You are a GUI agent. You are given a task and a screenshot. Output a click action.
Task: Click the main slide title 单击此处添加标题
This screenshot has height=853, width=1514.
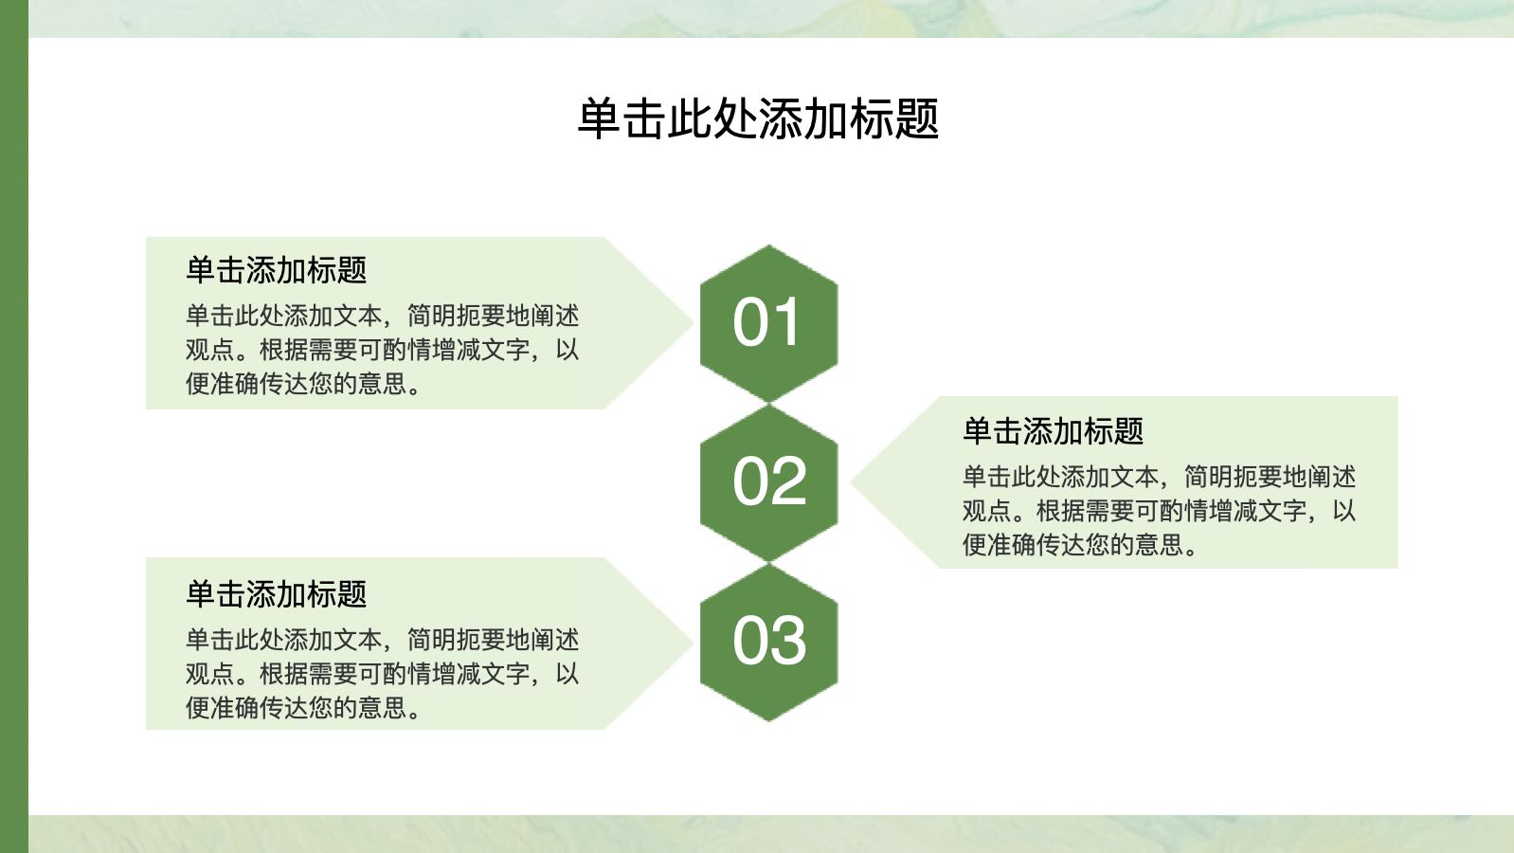[x=758, y=119]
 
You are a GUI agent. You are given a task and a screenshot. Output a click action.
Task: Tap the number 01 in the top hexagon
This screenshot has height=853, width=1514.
[x=767, y=322]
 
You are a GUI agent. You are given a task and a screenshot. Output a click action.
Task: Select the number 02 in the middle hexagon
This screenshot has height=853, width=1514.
[x=769, y=481]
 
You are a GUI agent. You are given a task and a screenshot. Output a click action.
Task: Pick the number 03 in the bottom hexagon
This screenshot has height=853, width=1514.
[x=769, y=640]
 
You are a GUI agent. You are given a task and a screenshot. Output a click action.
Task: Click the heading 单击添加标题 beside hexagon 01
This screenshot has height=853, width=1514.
[x=277, y=270]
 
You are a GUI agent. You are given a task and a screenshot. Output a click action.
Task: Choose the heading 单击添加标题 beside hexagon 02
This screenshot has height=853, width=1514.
[x=1053, y=431]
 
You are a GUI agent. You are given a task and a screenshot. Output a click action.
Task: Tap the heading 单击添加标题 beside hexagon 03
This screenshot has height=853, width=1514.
[x=277, y=593]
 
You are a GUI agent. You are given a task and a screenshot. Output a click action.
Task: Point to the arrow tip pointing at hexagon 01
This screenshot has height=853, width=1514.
[x=693, y=323]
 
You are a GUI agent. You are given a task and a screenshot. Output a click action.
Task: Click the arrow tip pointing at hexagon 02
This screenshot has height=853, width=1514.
[x=852, y=481]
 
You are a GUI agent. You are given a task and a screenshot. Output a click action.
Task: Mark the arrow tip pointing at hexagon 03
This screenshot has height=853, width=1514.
[x=693, y=644]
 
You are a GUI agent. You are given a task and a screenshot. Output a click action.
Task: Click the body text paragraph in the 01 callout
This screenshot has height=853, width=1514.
[x=383, y=350]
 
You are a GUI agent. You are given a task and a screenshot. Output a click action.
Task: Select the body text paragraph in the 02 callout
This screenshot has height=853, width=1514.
[x=1159, y=511]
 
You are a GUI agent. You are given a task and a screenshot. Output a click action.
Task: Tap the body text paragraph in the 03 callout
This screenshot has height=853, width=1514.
[x=383, y=674]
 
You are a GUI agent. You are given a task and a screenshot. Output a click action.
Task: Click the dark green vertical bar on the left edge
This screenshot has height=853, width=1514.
[x=14, y=426]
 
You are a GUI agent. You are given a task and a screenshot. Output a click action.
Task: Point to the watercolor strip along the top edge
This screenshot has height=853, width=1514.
[x=771, y=18]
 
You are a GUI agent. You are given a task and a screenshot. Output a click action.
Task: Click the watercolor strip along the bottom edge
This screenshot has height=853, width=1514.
[x=771, y=834]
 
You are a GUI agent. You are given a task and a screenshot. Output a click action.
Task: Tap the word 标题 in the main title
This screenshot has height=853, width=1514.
[x=894, y=119]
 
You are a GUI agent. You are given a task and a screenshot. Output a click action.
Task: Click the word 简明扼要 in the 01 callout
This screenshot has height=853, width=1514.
[x=457, y=317]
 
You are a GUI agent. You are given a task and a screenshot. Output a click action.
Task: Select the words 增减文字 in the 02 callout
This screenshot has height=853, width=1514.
[x=1257, y=511]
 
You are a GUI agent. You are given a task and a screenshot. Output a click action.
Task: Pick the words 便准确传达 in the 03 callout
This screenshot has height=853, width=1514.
[x=247, y=708]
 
